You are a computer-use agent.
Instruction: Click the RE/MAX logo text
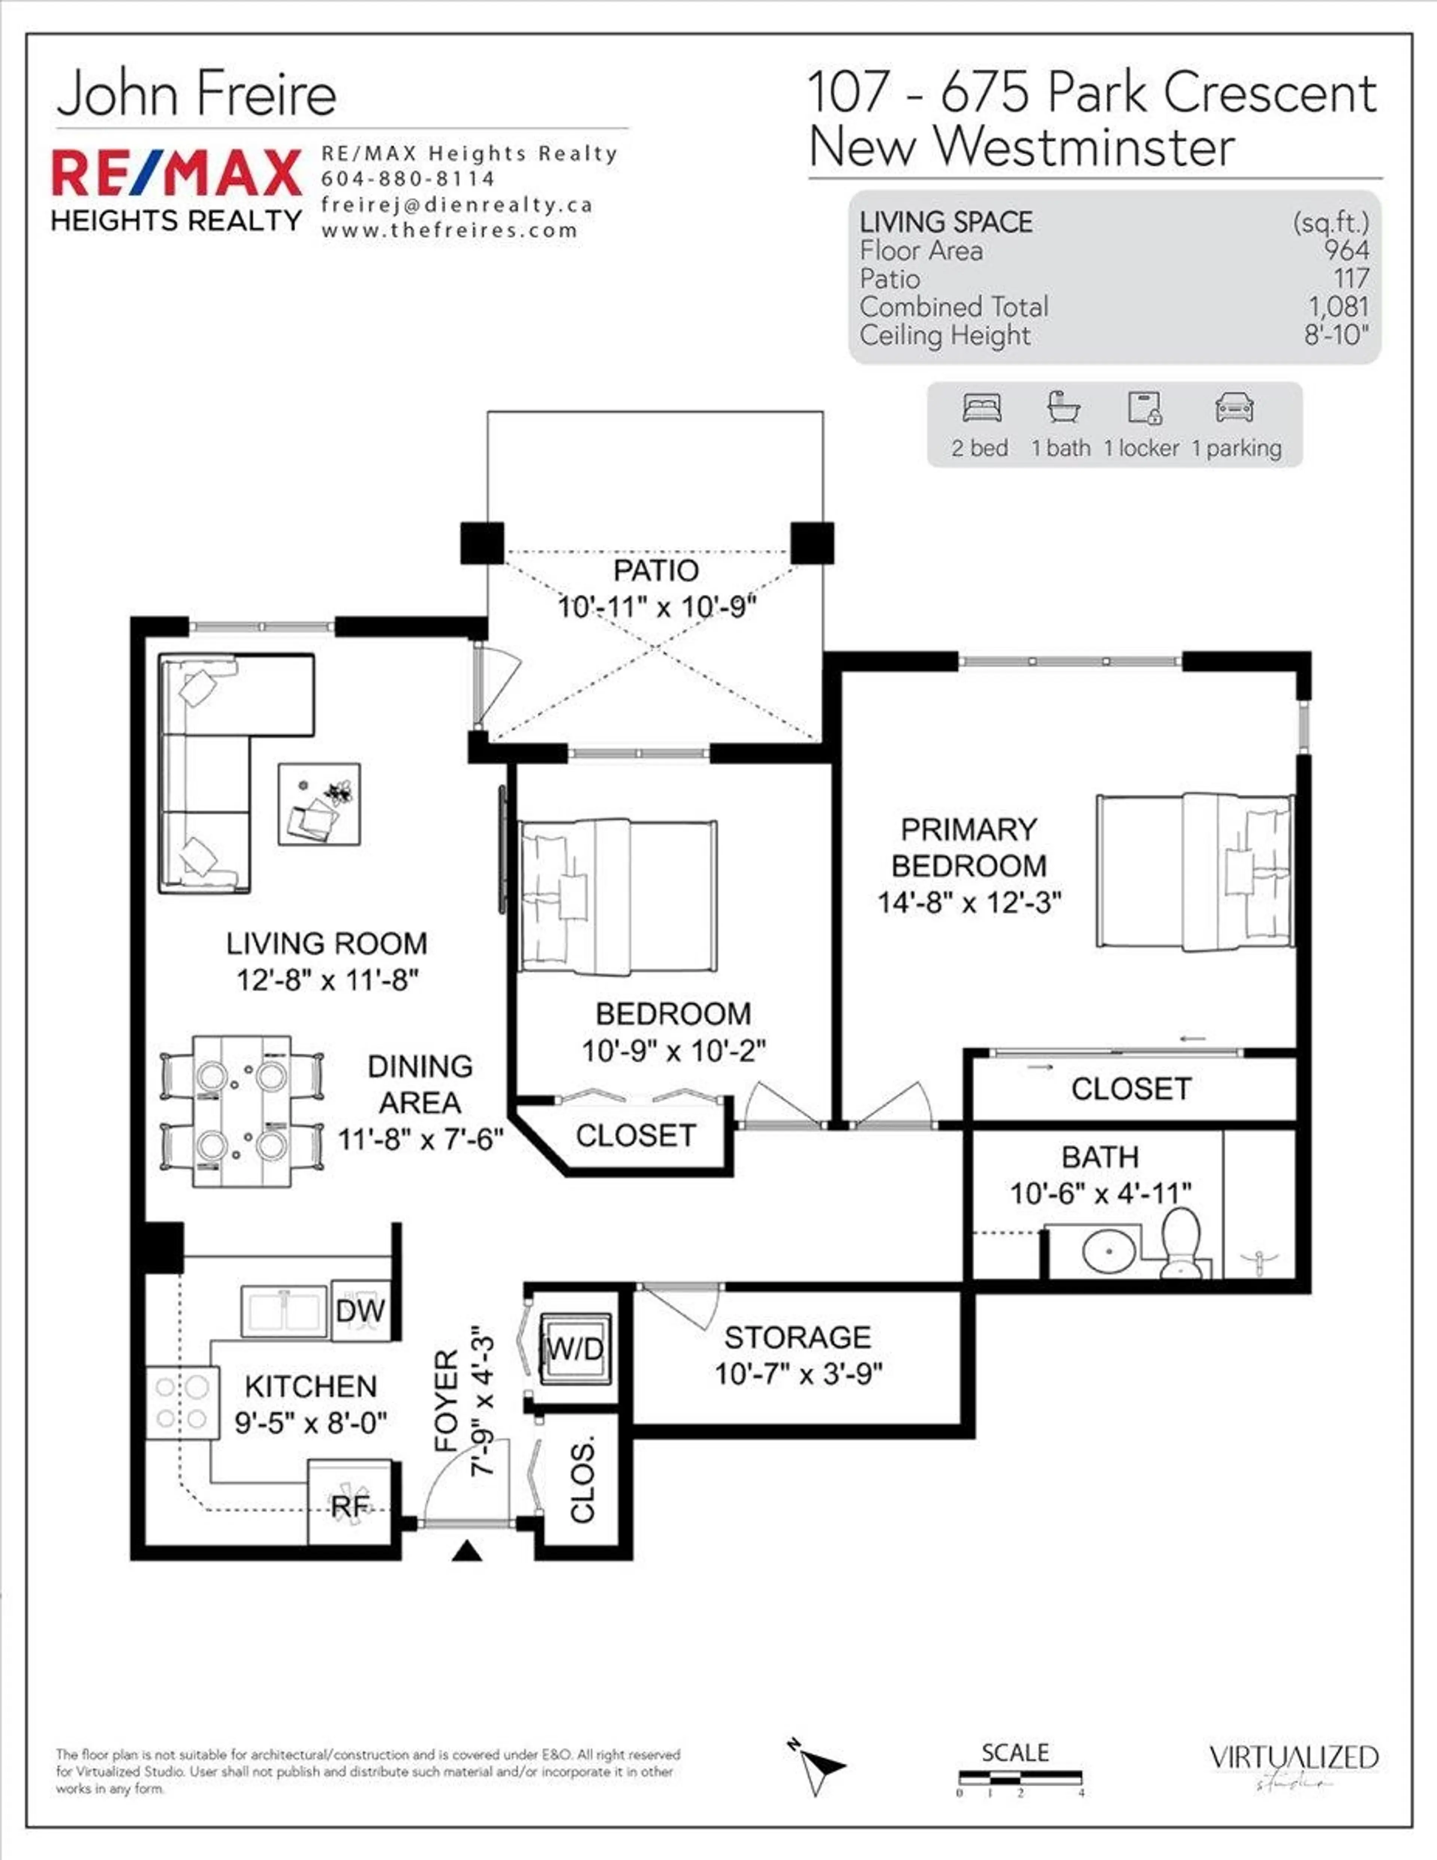coord(176,173)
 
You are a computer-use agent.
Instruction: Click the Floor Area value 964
coord(1346,250)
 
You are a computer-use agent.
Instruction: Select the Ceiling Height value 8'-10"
coord(1336,335)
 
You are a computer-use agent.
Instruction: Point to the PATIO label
coord(656,571)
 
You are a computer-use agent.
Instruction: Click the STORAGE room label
coord(797,1337)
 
